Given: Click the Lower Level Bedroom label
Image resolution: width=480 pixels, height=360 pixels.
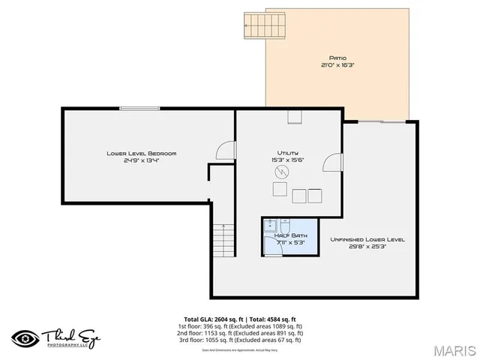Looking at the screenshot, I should pos(141,153).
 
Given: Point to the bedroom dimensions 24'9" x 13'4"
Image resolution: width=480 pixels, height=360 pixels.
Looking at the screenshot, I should pos(141,160).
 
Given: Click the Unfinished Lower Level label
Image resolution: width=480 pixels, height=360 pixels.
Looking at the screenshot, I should pos(367,239).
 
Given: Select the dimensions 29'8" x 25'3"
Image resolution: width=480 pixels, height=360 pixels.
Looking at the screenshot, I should pos(367,247).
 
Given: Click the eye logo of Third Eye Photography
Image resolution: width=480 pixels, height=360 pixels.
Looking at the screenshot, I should pos(25,337).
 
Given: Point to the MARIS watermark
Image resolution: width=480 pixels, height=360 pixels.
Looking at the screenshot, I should pos(452,349).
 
